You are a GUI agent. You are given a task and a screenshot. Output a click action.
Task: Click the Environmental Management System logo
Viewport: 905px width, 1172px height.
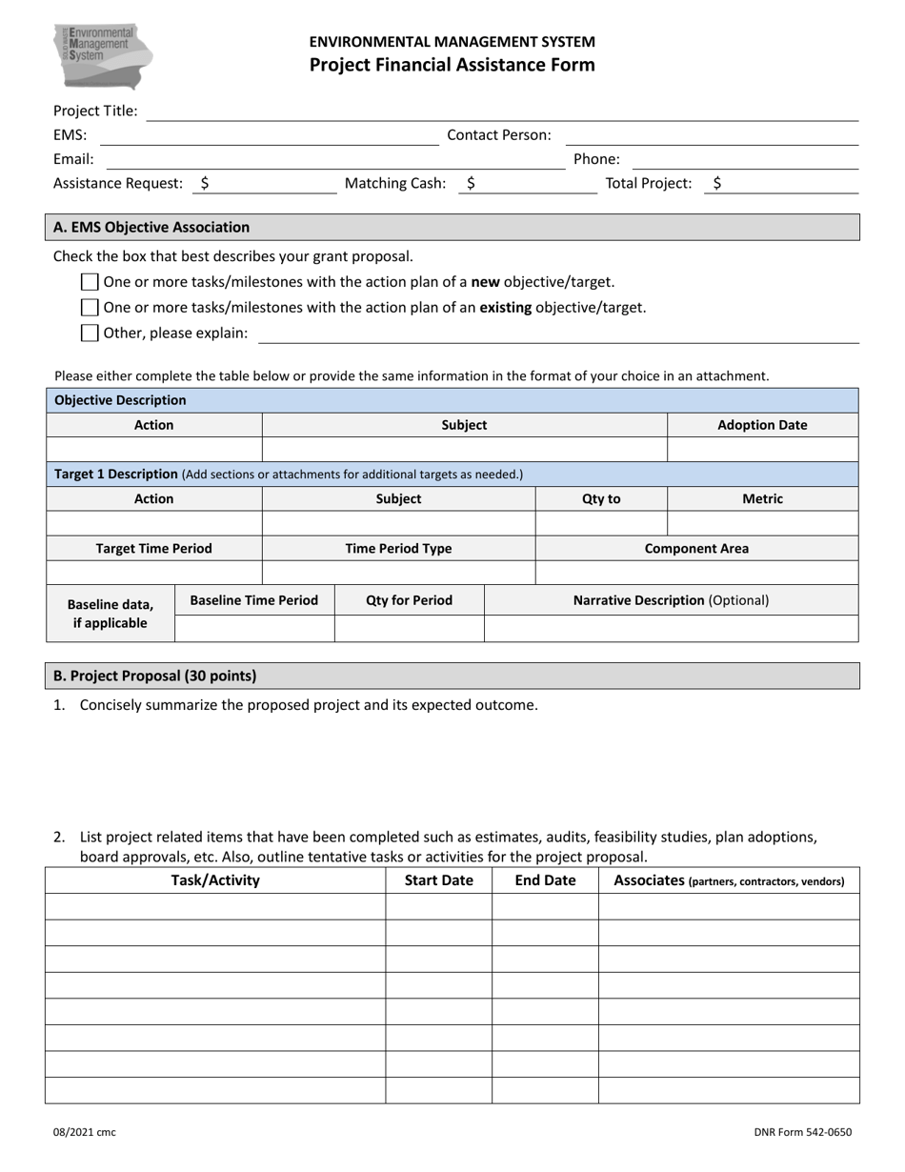pos(103,54)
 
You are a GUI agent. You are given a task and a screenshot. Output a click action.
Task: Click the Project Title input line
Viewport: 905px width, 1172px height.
pos(502,112)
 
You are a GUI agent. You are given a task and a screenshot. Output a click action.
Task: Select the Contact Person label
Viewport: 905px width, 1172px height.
pos(498,135)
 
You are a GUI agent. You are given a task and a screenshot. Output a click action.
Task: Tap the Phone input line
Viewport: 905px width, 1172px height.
pos(745,160)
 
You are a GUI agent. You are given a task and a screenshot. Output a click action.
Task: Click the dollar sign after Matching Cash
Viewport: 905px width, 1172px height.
pos(471,184)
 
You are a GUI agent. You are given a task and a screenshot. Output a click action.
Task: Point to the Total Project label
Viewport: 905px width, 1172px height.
pos(649,184)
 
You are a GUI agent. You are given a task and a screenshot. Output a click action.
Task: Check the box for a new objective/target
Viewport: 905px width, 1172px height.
pos(90,282)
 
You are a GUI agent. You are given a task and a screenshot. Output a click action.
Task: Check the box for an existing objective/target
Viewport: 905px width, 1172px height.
pos(90,308)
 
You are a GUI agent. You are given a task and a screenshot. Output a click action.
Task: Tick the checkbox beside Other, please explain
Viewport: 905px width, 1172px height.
pos(90,333)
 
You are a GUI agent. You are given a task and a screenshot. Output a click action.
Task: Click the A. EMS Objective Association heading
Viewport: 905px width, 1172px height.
pos(151,228)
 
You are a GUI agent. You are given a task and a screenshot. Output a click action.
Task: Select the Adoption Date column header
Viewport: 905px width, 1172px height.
pos(761,425)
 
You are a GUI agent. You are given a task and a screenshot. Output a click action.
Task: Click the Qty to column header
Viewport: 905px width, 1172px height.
pos(600,498)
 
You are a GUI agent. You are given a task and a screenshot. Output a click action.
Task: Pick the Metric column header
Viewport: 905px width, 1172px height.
pos(761,498)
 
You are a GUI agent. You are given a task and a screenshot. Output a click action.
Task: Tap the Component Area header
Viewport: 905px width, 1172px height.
pos(696,549)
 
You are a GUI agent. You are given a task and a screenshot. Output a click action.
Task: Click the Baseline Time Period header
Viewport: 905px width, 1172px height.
pos(254,600)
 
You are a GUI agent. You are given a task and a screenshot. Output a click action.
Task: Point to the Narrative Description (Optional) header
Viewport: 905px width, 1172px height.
pos(671,600)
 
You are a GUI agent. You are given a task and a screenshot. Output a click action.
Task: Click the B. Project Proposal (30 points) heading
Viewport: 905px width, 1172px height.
pos(154,676)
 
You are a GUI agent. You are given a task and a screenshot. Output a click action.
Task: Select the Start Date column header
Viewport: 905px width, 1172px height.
pos(438,880)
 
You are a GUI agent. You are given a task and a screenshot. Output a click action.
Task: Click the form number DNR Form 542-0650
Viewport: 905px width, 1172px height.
pos(802,1133)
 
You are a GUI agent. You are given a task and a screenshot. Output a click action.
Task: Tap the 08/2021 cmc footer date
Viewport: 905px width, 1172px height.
pos(84,1133)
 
